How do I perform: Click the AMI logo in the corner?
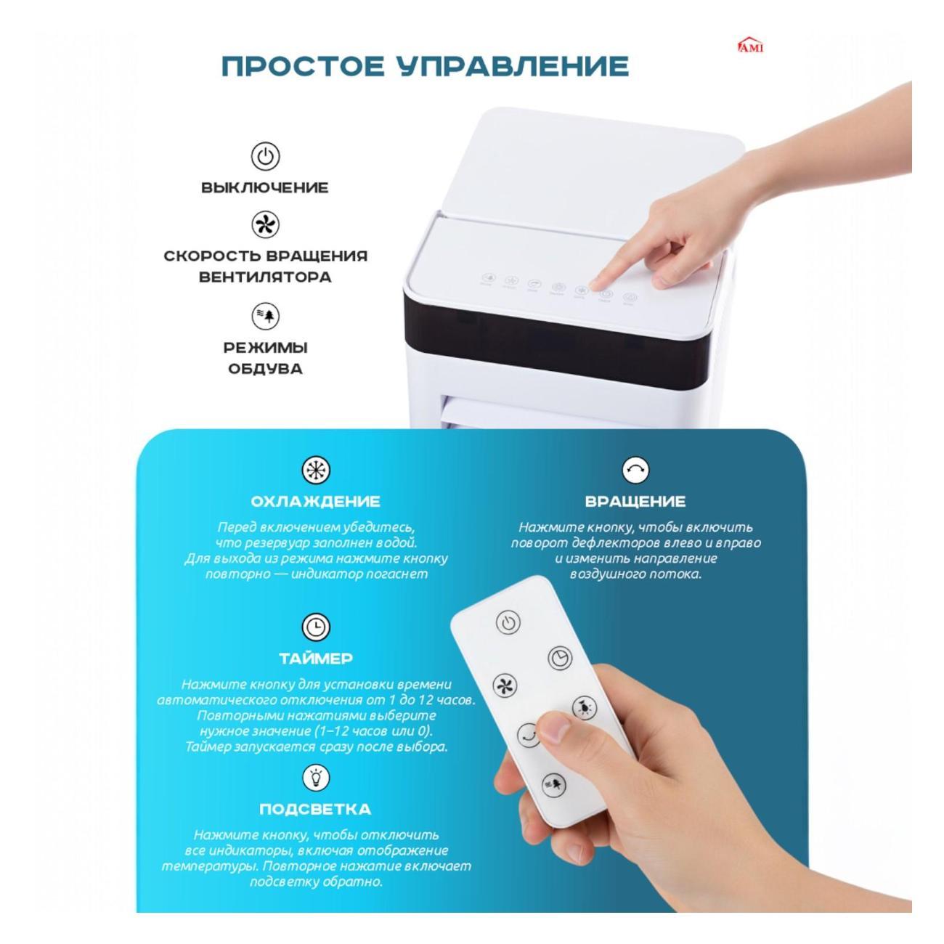click(x=751, y=46)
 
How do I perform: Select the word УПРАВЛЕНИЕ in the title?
click(x=513, y=66)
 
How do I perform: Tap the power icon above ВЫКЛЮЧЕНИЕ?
click(x=265, y=156)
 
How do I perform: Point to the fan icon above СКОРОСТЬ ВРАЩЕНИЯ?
click(x=265, y=224)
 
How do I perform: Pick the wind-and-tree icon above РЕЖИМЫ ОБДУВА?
click(x=265, y=316)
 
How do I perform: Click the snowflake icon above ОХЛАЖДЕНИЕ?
click(x=315, y=471)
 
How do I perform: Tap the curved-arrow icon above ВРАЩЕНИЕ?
click(x=635, y=471)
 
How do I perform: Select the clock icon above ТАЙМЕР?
click(x=315, y=627)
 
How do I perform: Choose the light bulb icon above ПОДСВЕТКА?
click(x=315, y=778)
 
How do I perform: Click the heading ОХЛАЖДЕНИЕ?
click(x=315, y=502)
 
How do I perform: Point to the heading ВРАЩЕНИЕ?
click(x=635, y=502)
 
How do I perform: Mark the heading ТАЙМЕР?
click(x=316, y=659)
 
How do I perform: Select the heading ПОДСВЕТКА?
click(x=315, y=809)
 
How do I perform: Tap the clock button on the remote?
click(x=560, y=659)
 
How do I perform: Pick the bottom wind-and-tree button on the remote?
click(x=554, y=784)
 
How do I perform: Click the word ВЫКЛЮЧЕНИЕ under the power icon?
click(x=265, y=187)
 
